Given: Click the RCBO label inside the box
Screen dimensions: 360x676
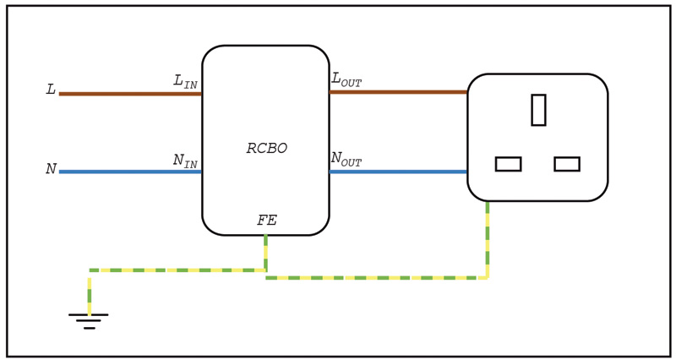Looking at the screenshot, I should point(267,149).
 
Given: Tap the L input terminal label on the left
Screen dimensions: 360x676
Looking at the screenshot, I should point(51,90).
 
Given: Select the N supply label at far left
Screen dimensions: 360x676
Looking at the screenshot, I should point(51,169).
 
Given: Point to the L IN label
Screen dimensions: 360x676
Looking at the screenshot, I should point(185,82).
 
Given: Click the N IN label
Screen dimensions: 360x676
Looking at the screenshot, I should point(185,161).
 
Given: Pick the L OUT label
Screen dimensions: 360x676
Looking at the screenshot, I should point(346,79).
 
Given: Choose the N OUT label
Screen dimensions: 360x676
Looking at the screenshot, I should point(346,159).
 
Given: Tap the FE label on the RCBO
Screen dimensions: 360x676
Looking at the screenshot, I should point(267,221).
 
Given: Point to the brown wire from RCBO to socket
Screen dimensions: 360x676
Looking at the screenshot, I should point(397,92).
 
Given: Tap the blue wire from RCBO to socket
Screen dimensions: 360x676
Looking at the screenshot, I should point(397,172).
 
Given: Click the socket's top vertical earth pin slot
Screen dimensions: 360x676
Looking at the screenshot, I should point(538,110).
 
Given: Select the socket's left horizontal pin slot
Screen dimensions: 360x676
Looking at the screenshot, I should point(508,164).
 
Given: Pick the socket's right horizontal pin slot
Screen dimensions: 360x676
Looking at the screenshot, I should point(567,164).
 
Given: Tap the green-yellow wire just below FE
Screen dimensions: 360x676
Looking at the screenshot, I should point(265,252).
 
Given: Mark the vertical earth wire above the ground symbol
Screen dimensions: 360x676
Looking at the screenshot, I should point(90,292).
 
